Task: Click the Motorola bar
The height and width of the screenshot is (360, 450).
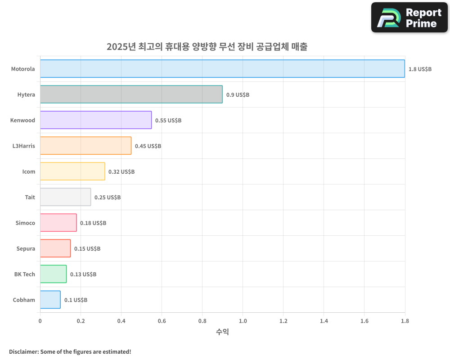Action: point(222,69)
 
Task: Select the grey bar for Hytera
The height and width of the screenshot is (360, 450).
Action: point(131,94)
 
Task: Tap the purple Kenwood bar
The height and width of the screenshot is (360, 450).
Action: point(96,120)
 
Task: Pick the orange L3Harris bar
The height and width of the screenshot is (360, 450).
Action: point(85,146)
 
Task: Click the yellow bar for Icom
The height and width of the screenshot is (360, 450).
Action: point(72,171)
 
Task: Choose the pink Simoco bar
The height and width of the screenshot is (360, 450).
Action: point(58,223)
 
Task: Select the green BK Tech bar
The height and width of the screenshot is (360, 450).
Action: point(53,274)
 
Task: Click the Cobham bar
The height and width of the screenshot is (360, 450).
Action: point(50,300)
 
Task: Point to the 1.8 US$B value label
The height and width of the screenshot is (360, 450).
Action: point(420,69)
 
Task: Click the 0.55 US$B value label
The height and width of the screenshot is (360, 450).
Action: point(168,121)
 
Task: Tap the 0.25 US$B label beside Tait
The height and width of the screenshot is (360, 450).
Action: point(108,198)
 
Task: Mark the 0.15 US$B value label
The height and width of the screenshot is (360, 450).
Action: point(87,249)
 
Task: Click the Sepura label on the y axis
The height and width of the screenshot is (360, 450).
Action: point(25,249)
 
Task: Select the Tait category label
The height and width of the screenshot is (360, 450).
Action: point(30,198)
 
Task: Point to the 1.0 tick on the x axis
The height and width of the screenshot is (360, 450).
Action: point(243,321)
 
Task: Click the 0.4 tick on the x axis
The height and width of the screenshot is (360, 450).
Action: point(121,321)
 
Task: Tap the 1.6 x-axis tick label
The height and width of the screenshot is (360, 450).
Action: point(364,321)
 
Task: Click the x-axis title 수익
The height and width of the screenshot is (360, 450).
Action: point(222,332)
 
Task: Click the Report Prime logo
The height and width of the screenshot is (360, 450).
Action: point(409,18)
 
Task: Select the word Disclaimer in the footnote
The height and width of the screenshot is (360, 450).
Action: point(23,351)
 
